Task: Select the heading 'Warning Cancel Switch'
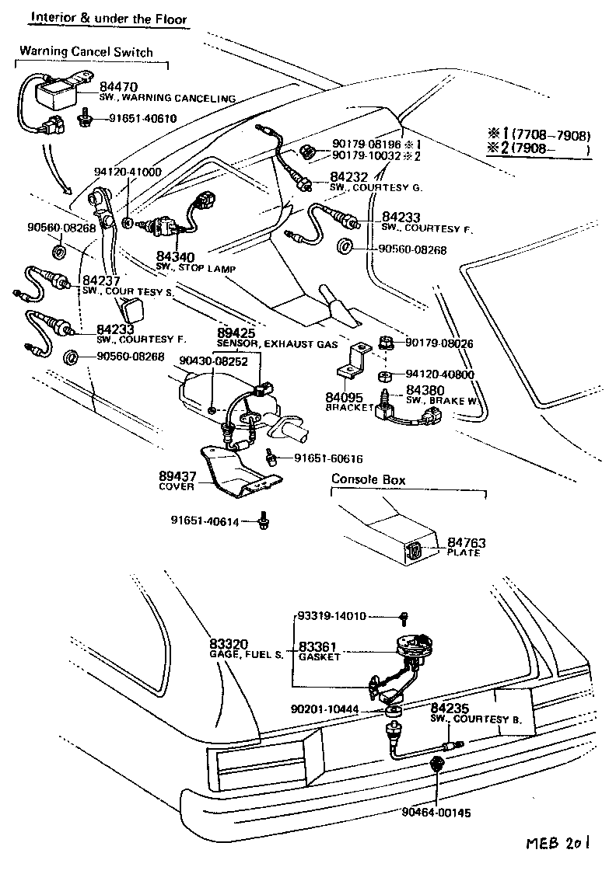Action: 86,51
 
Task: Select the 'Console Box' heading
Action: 369,479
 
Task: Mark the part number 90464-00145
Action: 436,813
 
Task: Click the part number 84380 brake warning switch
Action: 425,389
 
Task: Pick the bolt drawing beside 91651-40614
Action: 264,521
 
